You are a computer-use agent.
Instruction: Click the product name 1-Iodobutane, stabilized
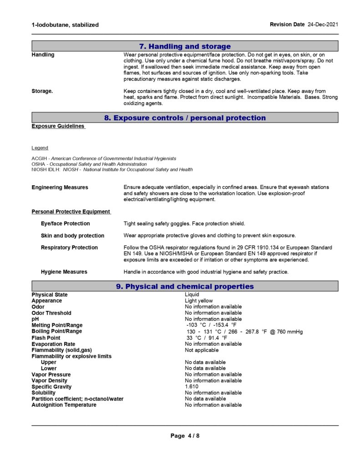[x=65, y=25]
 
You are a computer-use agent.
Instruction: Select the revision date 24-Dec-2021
[x=323, y=24]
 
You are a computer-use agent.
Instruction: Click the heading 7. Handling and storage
[x=185, y=46]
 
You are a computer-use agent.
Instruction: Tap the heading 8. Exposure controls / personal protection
[x=185, y=118]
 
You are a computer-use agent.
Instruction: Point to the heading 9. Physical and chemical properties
[x=185, y=286]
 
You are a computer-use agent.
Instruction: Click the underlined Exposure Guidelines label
[x=58, y=126]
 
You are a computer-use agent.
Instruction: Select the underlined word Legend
[x=40, y=148]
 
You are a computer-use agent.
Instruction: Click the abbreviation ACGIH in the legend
[x=38, y=158]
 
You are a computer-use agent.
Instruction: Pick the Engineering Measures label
[x=60, y=187]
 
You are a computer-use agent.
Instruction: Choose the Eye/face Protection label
[x=65, y=223]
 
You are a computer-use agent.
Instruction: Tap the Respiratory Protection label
[x=69, y=248]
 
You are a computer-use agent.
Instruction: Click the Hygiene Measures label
[x=64, y=272]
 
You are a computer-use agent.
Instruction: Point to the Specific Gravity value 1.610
[x=192, y=387]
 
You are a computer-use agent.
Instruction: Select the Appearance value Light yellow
[x=198, y=301]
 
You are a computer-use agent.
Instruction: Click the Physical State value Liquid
[x=192, y=294]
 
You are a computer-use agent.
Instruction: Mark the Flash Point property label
[x=46, y=338]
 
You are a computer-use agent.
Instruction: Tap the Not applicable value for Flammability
[x=201, y=350]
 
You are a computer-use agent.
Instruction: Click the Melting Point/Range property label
[x=57, y=325]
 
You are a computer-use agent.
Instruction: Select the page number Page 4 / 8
[x=185, y=436]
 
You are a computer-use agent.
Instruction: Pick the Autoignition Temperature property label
[x=64, y=405]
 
